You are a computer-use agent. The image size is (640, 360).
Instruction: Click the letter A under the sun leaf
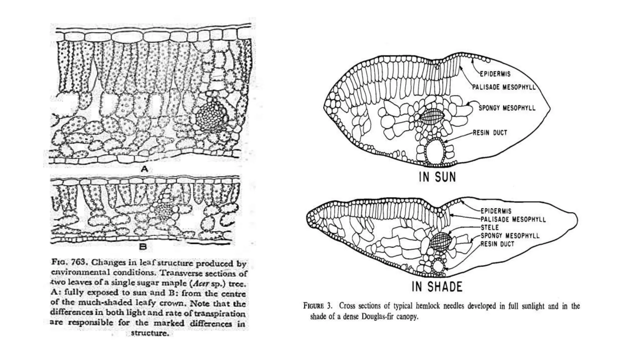tap(144, 169)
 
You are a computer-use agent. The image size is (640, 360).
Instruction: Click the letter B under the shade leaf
tap(143, 247)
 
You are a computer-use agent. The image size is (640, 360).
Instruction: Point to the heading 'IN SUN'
tap(437, 177)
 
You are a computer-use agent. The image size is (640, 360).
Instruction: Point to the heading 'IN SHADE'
tap(437, 287)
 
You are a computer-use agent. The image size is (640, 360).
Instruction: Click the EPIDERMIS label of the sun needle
tap(495, 74)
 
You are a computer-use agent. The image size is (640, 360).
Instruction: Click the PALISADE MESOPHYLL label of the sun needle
tap(504, 87)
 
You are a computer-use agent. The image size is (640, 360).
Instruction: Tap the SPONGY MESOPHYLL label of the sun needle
tap(507, 108)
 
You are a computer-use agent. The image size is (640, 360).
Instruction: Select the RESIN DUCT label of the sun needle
tap(490, 133)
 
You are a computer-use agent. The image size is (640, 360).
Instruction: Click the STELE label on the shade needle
tap(490, 227)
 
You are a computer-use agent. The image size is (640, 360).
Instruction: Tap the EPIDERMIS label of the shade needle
tap(496, 211)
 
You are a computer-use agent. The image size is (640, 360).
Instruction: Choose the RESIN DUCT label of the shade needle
tap(497, 244)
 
